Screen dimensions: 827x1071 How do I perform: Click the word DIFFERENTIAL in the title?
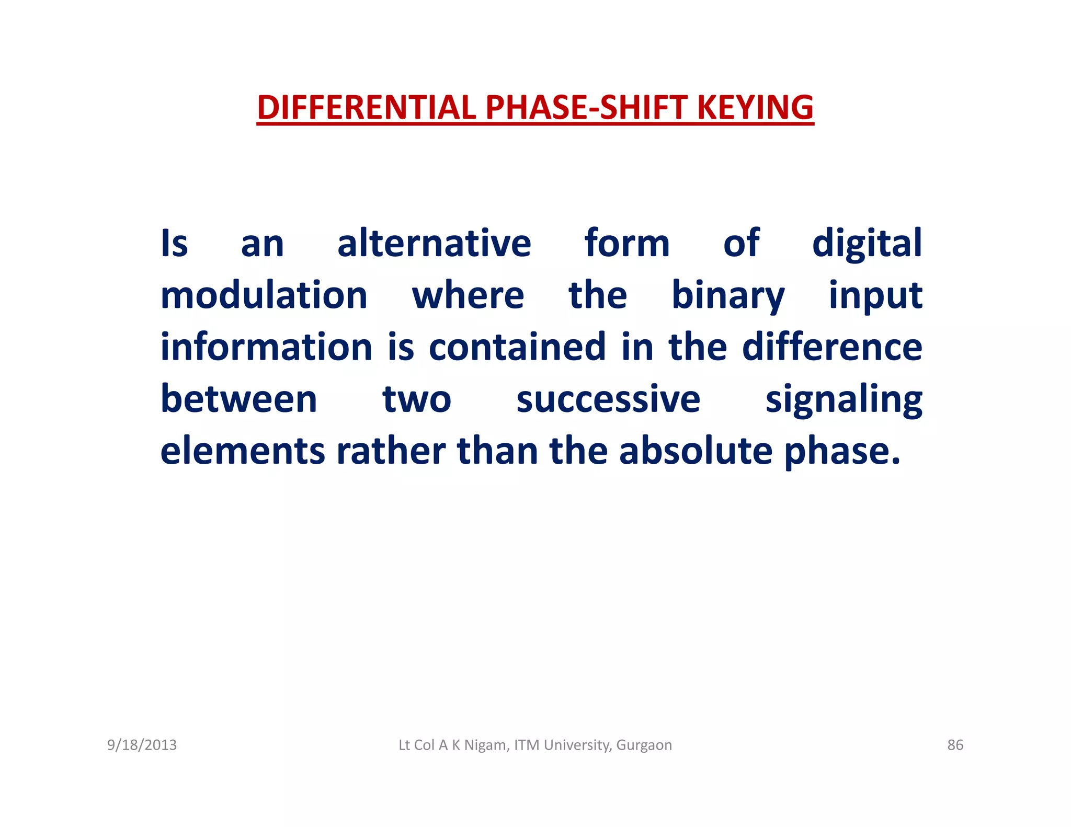tap(366, 108)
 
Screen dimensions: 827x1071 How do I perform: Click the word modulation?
tap(264, 295)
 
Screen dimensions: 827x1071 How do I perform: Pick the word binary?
tap(727, 296)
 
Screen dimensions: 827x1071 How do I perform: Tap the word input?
tap(875, 296)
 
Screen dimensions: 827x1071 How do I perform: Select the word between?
tap(239, 399)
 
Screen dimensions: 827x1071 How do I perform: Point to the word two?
tap(417, 400)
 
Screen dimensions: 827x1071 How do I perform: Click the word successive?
tap(608, 400)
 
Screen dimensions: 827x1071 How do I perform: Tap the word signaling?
tap(844, 400)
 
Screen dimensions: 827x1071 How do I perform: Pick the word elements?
tap(243, 451)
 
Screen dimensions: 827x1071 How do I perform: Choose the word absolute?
tap(696, 451)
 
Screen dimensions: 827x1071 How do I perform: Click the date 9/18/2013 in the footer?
tap(142, 745)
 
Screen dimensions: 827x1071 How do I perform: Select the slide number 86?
tap(955, 745)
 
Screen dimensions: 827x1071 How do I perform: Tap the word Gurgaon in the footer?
tap(644, 745)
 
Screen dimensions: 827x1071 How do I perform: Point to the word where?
tap(468, 296)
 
